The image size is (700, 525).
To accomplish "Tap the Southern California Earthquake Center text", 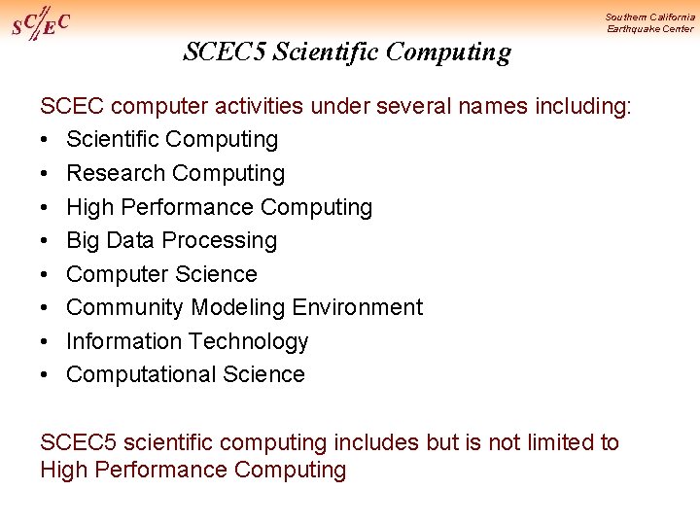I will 649,22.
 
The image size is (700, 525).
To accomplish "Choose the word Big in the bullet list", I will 84,240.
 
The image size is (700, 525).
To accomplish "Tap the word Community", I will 125,307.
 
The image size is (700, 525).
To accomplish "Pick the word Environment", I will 357,307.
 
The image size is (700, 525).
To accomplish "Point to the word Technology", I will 250,341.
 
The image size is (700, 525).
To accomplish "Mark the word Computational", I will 141,374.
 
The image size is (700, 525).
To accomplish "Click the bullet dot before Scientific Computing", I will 46,140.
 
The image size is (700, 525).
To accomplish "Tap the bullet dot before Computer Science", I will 46,274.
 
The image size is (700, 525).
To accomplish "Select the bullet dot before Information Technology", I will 46,341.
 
